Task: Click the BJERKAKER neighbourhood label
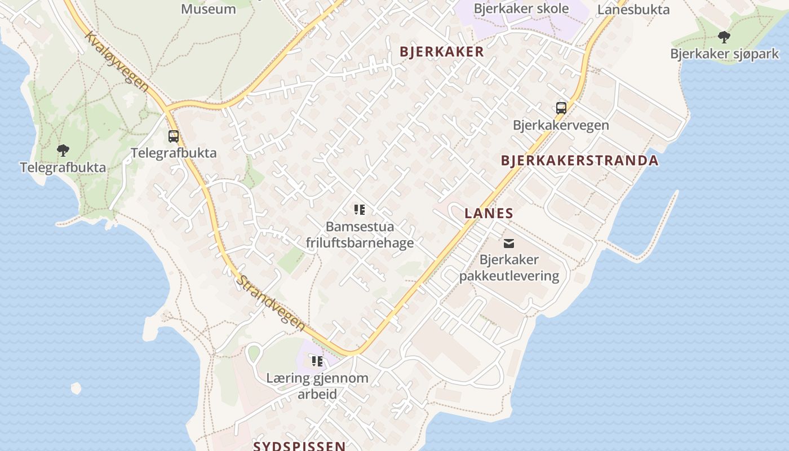(441, 52)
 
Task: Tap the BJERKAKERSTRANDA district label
(579, 161)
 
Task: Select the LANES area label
(489, 213)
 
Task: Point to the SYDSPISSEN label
(299, 446)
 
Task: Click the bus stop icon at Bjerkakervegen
(561, 108)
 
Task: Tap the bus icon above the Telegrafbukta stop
(174, 136)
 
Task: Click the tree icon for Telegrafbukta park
(63, 151)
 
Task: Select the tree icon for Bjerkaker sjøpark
(724, 37)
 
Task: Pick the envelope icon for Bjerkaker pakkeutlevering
(509, 243)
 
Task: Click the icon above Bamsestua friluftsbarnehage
(360, 210)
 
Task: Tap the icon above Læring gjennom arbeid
(317, 361)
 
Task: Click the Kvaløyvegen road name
(117, 61)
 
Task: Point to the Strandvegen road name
(271, 303)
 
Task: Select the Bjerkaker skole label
(521, 8)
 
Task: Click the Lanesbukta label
(633, 10)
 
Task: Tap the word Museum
(209, 8)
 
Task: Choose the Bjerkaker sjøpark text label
(724, 54)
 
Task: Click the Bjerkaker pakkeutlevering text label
(509, 268)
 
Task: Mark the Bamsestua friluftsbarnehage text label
(360, 235)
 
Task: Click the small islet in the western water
(76, 388)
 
